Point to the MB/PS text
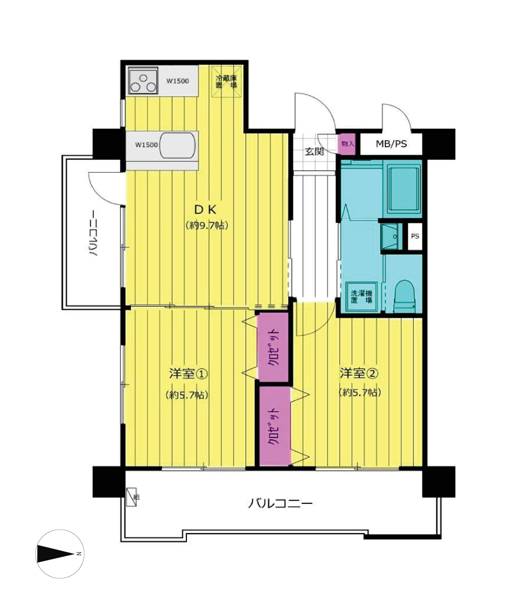pyautogui.click(x=391, y=144)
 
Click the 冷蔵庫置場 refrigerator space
pyautogui.click(x=226, y=82)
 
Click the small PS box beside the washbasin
pyautogui.click(x=415, y=236)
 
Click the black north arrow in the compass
pyautogui.click(x=55, y=554)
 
